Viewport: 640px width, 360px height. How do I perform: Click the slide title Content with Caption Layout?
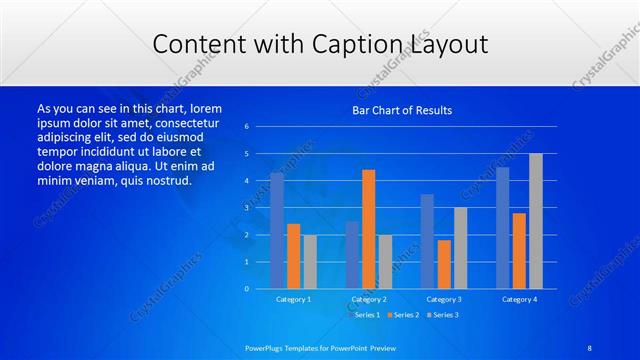click(x=320, y=45)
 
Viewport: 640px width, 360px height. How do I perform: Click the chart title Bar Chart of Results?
click(x=402, y=110)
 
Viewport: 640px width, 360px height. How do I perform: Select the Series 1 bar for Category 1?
click(x=277, y=230)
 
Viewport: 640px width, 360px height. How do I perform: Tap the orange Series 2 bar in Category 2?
click(x=368, y=229)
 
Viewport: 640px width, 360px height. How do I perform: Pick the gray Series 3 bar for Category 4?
click(x=536, y=221)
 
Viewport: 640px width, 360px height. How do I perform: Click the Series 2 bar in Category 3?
click(x=444, y=264)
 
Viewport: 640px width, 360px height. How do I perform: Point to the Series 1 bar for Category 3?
click(x=427, y=241)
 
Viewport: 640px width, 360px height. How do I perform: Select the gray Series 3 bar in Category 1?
click(x=310, y=261)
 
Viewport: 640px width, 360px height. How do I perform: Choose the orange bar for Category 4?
click(x=519, y=250)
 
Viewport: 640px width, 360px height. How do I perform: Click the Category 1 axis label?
click(x=294, y=299)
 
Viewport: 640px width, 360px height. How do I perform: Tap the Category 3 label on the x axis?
click(x=444, y=299)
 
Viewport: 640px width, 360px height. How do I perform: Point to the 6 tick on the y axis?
click(x=246, y=127)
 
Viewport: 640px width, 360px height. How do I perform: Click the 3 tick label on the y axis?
click(x=246, y=208)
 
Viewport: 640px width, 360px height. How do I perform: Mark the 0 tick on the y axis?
click(x=246, y=289)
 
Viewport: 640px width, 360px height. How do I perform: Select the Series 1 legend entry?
click(x=365, y=315)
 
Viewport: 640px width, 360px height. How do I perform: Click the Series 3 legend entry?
click(x=444, y=315)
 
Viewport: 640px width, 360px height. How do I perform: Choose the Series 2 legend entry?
click(x=404, y=315)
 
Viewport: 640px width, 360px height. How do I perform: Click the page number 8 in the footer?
click(x=590, y=347)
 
